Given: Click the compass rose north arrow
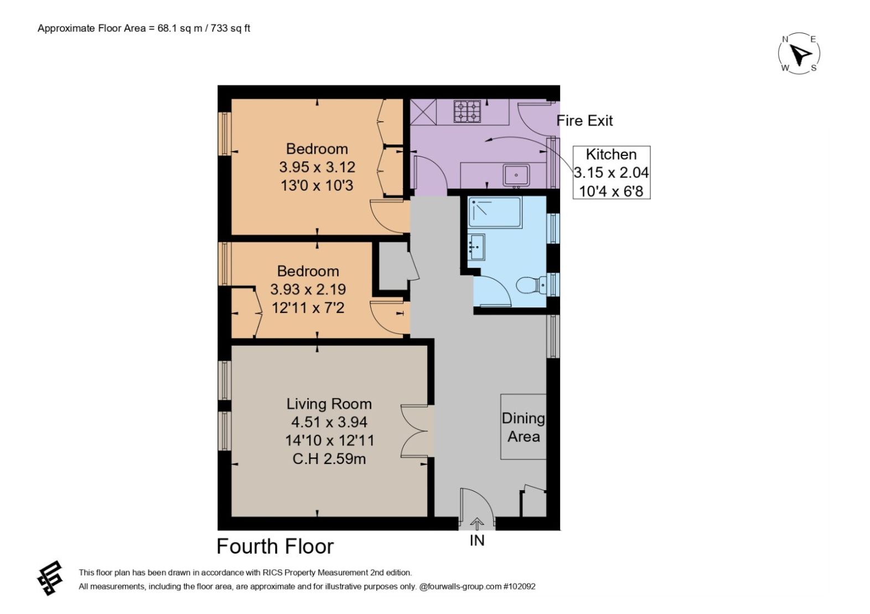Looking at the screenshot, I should pyautogui.click(x=800, y=54).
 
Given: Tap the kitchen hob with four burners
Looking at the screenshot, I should pyautogui.click(x=467, y=111).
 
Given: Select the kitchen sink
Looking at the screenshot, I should pyautogui.click(x=516, y=175).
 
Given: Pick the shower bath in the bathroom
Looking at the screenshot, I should pyautogui.click(x=495, y=212).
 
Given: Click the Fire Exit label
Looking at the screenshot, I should pyautogui.click(x=584, y=121).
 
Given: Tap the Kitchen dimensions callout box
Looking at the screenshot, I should pyautogui.click(x=611, y=173).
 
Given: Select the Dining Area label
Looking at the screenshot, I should pyautogui.click(x=523, y=427).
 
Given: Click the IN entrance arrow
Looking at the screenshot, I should pyautogui.click(x=477, y=523).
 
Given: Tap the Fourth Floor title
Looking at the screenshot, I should pyautogui.click(x=275, y=546).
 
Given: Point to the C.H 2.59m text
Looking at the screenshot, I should pyautogui.click(x=329, y=459).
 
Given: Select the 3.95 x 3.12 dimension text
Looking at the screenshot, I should pyautogui.click(x=317, y=167).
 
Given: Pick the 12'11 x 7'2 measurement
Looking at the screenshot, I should pyautogui.click(x=308, y=308).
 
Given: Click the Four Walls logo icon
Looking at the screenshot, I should pyautogui.click(x=49, y=578).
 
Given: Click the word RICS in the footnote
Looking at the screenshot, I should pyautogui.click(x=242, y=573).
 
